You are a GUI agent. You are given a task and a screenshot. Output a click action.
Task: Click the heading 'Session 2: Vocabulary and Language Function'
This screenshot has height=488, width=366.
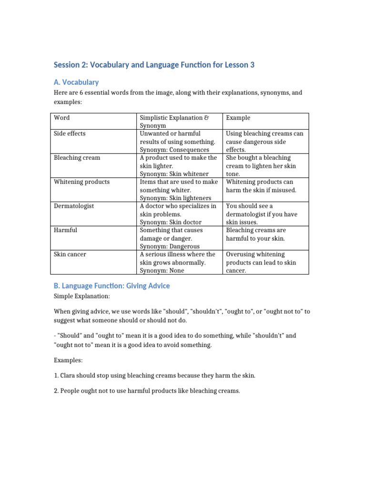tap(154, 65)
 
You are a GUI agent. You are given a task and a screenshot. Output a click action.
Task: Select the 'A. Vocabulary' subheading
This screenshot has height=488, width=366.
tap(76, 82)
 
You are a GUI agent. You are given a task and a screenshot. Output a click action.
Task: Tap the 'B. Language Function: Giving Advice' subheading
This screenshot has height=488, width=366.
tap(112, 286)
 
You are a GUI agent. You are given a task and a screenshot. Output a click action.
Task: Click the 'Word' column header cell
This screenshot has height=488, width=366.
tap(62, 118)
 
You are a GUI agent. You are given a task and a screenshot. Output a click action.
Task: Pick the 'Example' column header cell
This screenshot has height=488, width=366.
tap(238, 118)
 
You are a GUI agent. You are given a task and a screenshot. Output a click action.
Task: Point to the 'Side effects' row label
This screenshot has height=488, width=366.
tap(70, 134)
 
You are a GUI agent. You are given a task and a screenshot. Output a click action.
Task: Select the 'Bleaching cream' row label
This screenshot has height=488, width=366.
tap(77, 158)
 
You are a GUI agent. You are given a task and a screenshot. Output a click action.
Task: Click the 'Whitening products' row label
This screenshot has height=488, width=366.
tap(81, 182)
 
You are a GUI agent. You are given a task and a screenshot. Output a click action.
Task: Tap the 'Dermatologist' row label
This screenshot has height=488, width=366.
tap(74, 206)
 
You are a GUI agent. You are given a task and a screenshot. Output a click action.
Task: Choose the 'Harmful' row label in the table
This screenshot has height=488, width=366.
tap(65, 230)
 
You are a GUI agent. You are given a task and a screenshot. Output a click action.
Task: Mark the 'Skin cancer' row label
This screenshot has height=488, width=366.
tap(70, 254)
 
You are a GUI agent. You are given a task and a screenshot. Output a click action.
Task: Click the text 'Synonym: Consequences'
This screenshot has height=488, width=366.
tap(174, 150)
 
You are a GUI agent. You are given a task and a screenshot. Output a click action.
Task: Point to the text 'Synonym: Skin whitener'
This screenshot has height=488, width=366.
tap(175, 174)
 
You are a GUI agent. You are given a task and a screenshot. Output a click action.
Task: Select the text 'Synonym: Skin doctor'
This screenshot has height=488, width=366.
tap(171, 222)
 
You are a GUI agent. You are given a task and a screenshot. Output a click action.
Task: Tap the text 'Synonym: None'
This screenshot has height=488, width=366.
tap(162, 271)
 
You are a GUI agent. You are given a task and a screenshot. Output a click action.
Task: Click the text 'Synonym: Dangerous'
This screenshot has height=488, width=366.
tap(170, 246)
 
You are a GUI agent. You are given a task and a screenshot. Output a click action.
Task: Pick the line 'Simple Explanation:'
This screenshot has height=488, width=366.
tap(81, 296)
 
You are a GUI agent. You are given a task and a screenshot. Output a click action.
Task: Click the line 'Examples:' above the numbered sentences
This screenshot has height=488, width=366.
tap(68, 360)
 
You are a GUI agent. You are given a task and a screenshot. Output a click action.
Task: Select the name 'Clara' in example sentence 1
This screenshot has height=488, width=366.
tap(68, 376)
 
